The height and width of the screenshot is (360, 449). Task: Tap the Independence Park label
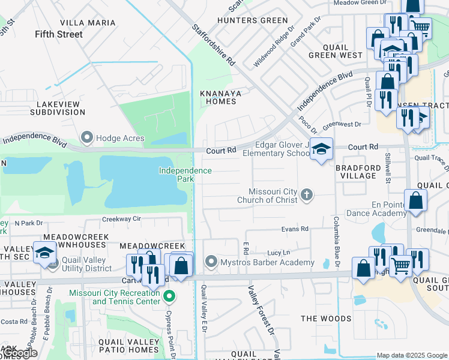click(185, 175)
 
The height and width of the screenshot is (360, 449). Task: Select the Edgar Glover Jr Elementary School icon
click(322, 149)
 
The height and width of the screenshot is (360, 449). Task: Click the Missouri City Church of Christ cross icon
click(307, 194)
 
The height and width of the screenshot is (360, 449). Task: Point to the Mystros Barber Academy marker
click(211, 262)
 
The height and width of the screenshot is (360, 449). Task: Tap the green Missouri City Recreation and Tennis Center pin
click(170, 296)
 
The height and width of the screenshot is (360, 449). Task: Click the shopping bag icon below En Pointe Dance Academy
click(416, 203)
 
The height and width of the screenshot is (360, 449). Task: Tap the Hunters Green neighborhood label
click(244, 20)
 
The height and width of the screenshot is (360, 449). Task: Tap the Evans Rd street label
click(295, 229)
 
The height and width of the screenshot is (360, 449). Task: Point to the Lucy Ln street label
click(279, 253)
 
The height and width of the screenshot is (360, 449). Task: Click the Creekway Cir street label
click(121, 220)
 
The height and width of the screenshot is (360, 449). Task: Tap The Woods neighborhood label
click(326, 318)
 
